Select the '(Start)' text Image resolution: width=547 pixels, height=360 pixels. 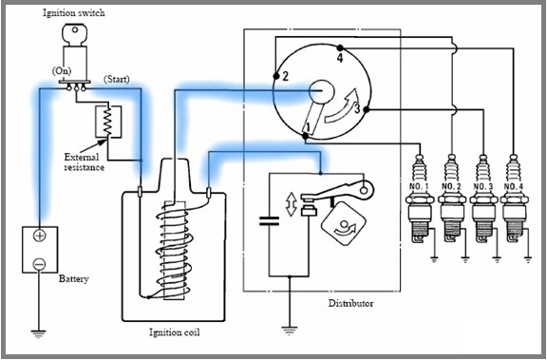(118, 77)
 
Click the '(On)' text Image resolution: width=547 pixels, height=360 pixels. (63, 70)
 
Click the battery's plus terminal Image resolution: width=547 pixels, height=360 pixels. (40, 236)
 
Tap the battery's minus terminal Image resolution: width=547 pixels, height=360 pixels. (40, 262)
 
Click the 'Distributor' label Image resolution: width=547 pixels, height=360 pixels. (350, 304)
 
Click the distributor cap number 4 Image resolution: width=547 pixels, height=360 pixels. (338, 59)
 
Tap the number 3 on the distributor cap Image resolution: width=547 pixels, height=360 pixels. (356, 109)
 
